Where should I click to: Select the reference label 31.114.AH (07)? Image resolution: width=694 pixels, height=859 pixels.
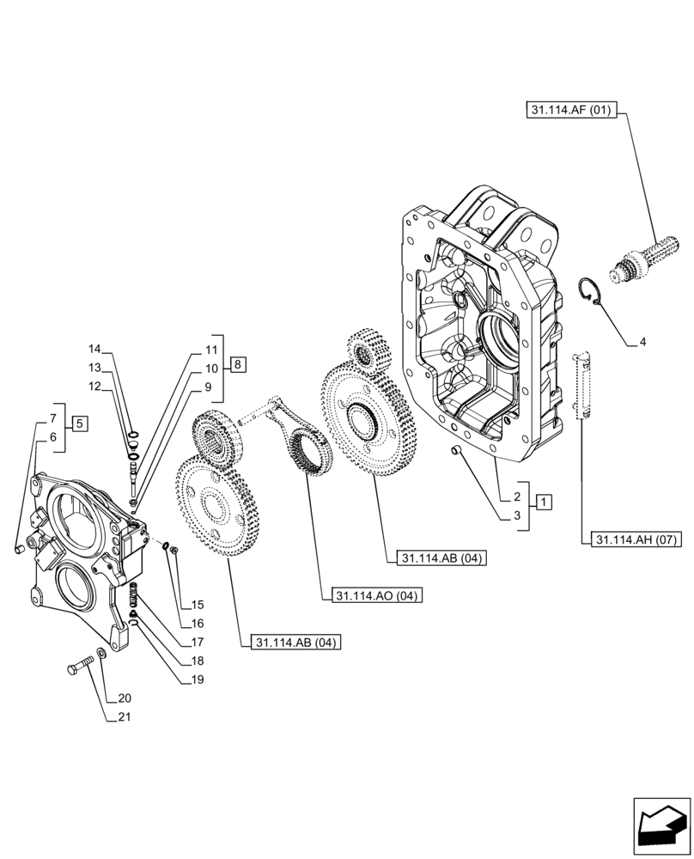636,540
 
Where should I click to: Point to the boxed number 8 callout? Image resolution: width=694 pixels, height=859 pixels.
238,365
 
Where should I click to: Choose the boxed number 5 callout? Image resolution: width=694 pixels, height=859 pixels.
78,423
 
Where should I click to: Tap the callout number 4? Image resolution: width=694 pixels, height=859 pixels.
642,343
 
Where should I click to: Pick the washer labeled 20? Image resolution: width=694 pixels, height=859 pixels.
102,655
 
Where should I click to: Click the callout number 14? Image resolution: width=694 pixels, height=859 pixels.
94,349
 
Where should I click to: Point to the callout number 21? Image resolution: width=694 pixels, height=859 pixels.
125,716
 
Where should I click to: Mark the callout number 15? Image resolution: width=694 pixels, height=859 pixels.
197,604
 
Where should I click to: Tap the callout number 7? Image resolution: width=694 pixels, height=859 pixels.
52,418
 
